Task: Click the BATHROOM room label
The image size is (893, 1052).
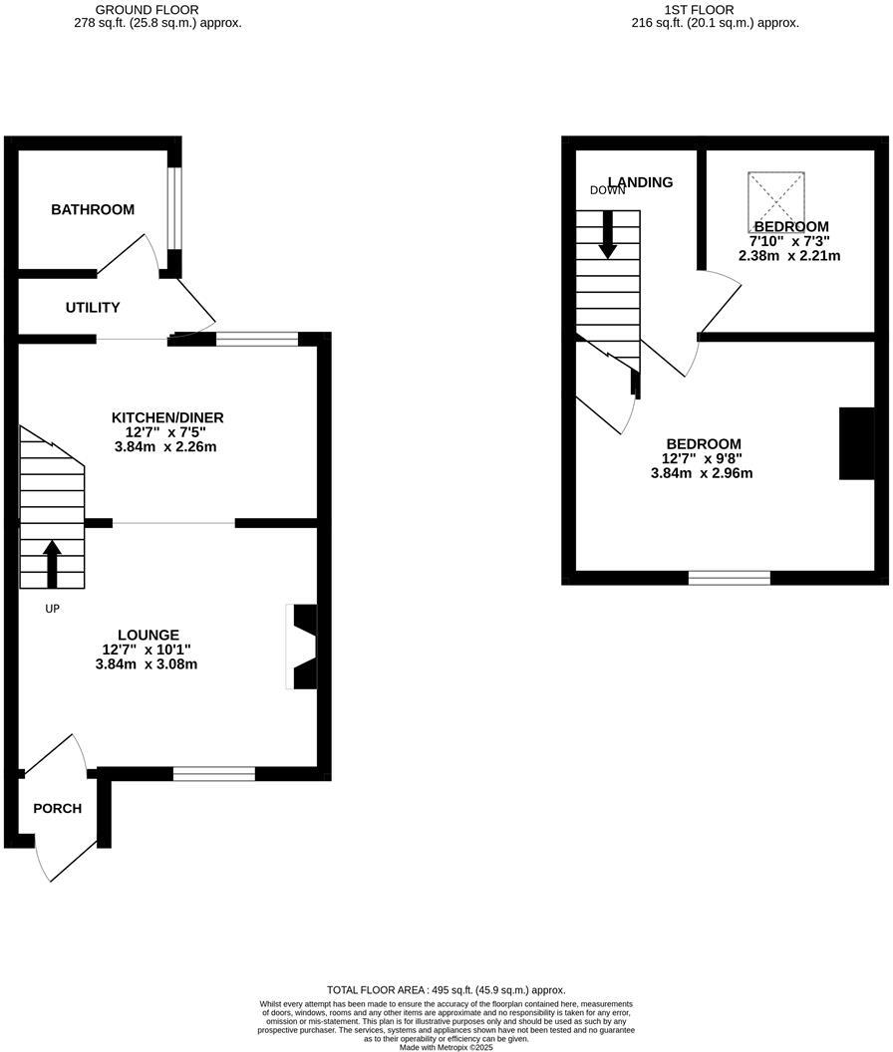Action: coord(93,210)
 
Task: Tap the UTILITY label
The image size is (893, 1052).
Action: coord(93,308)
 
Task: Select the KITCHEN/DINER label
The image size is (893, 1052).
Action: coord(167,417)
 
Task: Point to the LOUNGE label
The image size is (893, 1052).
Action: coord(149,635)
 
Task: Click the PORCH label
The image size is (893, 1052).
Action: coord(58,808)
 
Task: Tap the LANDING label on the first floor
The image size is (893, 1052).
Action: coord(640,182)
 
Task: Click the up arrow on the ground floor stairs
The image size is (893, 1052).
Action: coord(52,563)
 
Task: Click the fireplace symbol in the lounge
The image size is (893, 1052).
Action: coord(302,646)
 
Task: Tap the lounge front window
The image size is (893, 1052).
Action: coord(213,773)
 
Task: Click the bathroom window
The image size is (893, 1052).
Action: coord(174,207)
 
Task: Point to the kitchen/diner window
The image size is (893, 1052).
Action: coord(257,340)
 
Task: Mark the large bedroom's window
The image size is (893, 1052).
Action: coord(730,578)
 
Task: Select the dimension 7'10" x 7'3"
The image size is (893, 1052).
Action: coord(789,241)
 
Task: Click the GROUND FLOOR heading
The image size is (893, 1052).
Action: coord(160,9)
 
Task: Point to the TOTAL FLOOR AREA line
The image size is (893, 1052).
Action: coord(446,990)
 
